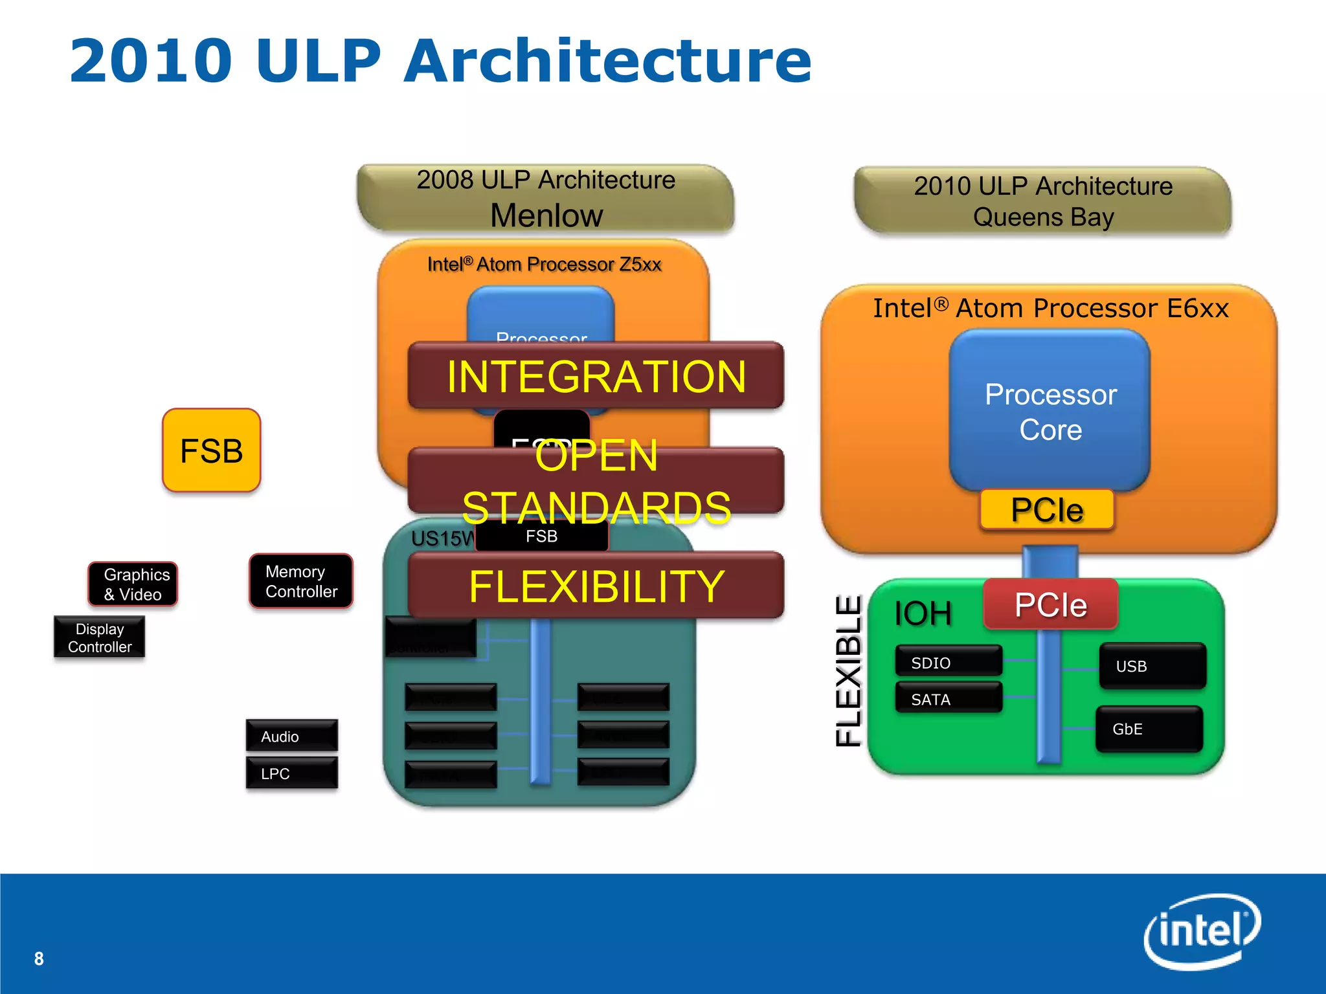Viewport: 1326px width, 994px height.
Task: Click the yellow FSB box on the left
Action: tap(211, 450)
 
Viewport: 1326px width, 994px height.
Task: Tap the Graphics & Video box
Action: tap(133, 584)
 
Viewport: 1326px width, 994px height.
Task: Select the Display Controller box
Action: tap(99, 637)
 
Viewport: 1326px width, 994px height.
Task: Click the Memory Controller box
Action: tap(301, 581)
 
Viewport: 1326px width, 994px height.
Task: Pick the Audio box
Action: tap(291, 736)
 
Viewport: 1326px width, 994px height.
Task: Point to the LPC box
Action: tap(291, 773)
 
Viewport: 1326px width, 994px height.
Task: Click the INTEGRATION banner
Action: tap(596, 376)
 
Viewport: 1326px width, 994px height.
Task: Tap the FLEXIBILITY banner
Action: tap(596, 586)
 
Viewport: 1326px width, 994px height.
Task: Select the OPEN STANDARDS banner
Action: tap(596, 481)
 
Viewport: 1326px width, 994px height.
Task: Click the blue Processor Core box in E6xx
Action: tap(1050, 411)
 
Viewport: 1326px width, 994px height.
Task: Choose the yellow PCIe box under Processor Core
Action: tap(1047, 510)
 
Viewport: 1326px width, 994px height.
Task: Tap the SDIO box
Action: tap(949, 662)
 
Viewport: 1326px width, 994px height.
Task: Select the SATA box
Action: tap(949, 699)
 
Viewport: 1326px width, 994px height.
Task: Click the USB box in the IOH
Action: tap(1152, 666)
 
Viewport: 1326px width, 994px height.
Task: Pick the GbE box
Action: tap(1149, 729)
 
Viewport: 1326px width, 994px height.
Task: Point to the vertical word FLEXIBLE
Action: tap(848, 670)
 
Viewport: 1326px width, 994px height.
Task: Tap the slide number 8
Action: tap(39, 958)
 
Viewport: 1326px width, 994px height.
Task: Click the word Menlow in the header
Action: tap(546, 215)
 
